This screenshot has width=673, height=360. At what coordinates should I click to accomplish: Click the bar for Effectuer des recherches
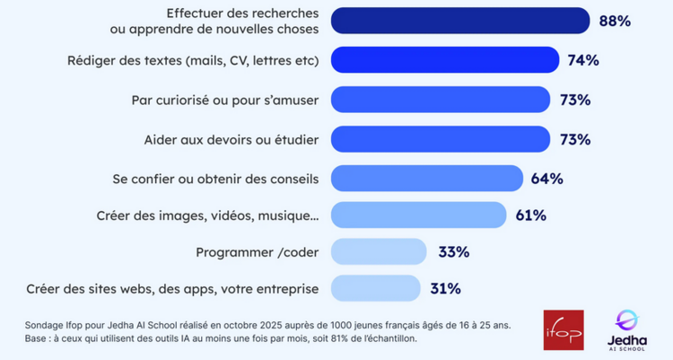pyautogui.click(x=460, y=22)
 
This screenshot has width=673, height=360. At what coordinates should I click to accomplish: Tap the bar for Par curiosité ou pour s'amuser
pyautogui.click(x=441, y=100)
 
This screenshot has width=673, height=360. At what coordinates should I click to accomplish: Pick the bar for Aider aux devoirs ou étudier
pyautogui.click(x=441, y=139)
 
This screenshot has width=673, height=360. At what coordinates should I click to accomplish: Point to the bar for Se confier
pyautogui.click(x=426, y=178)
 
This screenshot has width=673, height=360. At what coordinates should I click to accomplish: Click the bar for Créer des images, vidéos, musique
pyautogui.click(x=419, y=215)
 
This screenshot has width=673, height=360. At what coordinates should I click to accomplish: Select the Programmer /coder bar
pyautogui.click(x=379, y=252)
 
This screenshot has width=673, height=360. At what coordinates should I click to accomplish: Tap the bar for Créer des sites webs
pyautogui.click(x=376, y=288)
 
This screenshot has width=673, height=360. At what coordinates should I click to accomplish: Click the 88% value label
pyautogui.click(x=615, y=22)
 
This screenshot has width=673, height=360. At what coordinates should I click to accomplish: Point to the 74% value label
pyautogui.click(x=583, y=60)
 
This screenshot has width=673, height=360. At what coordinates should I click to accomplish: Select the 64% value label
pyautogui.click(x=546, y=178)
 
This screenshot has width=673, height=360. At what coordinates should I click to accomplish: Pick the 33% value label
pyautogui.click(x=453, y=252)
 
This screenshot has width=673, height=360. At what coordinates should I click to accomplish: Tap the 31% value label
pyautogui.click(x=445, y=288)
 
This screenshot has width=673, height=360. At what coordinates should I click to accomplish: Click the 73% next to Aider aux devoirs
pyautogui.click(x=574, y=139)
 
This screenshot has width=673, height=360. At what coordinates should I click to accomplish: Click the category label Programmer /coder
pyautogui.click(x=257, y=252)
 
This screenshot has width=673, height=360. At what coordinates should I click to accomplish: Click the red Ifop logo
pyautogui.click(x=563, y=330)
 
